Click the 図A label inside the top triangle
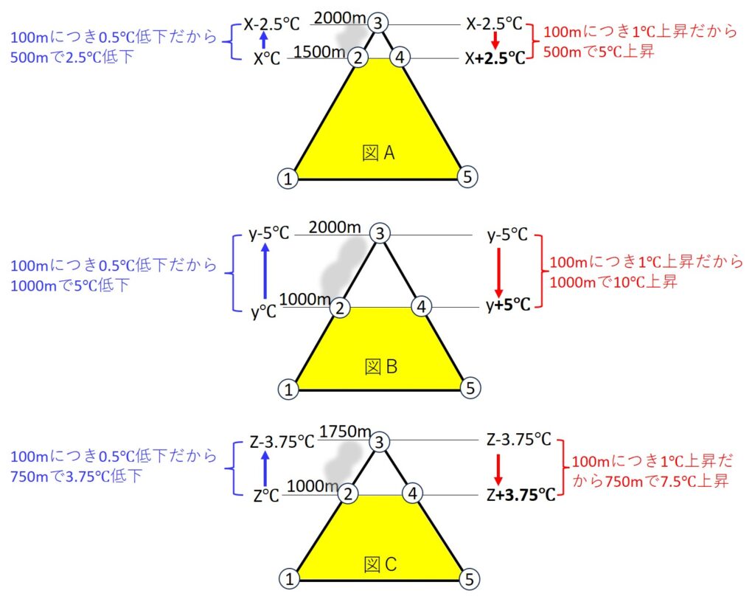coord(378,153)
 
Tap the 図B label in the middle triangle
coord(381,367)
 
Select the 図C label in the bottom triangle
coord(380,564)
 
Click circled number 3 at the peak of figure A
coord(378,23)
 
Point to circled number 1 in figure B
coord(288,389)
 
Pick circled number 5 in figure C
coord(470,578)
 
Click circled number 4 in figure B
coord(421,306)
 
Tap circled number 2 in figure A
coord(358,58)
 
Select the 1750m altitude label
coord(345,432)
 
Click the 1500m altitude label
coord(319,52)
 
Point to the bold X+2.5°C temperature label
coord(495,58)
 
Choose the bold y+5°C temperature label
coord(508,305)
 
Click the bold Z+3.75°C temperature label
coord(521,494)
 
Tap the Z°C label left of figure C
coord(266,495)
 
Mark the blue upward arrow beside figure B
coord(265,271)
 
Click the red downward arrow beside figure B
coord(499,272)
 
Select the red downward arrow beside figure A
coord(495,41)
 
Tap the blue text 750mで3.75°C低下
coord(76,477)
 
